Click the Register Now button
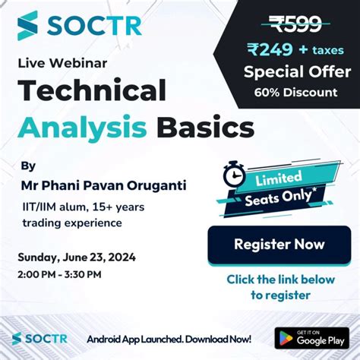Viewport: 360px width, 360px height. [279, 245]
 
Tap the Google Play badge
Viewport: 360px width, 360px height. [311, 338]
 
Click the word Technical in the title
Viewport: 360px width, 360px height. [92, 91]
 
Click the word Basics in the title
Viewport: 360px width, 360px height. [205, 125]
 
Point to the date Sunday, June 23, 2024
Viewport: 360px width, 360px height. [77, 257]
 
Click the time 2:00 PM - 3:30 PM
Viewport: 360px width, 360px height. [62, 273]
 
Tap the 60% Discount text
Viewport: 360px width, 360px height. [297, 93]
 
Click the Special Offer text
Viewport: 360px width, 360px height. [297, 73]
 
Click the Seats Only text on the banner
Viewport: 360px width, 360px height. [291, 199]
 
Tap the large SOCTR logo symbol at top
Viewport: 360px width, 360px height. [28, 25]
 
